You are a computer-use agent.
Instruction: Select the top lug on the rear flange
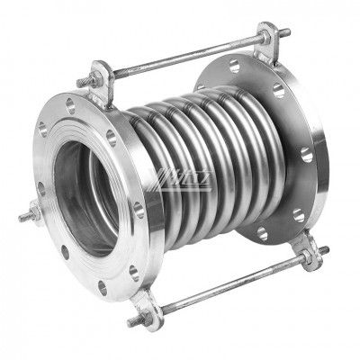265,40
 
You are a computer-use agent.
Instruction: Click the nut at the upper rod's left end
87,81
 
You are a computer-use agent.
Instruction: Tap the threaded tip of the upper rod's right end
286,33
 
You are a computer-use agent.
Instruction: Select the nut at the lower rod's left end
137,319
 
